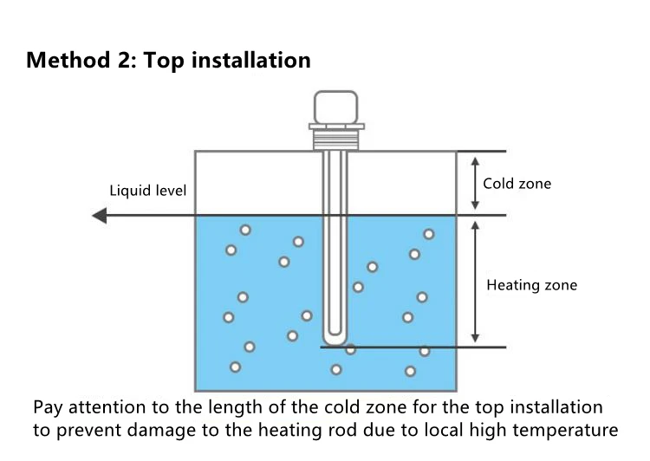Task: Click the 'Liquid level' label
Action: point(147,191)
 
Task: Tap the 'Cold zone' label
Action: point(517,184)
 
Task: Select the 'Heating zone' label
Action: point(531,285)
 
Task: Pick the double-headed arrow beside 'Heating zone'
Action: point(474,282)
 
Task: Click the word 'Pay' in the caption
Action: point(49,407)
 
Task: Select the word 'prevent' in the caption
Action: point(92,429)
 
